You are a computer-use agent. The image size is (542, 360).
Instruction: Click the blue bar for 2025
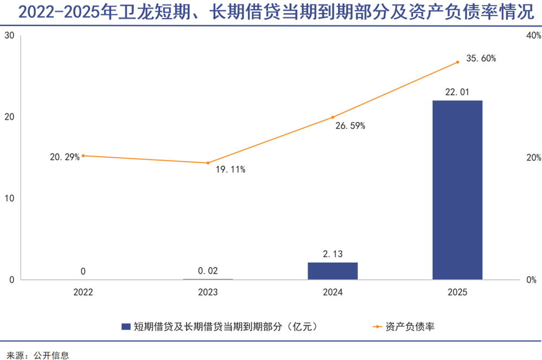tap(457, 190)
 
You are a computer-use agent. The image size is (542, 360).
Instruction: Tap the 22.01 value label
tap(457, 93)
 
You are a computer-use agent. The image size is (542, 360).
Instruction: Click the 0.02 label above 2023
tap(208, 271)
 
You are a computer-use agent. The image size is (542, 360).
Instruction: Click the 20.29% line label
tap(64, 157)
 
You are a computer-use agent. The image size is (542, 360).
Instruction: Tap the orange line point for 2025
tap(457, 62)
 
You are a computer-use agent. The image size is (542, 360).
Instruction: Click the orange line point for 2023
tap(208, 163)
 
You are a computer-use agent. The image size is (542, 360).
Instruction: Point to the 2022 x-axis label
tap(83, 292)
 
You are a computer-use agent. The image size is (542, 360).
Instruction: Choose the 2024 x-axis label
tap(333, 292)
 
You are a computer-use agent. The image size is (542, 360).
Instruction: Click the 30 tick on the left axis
tap(9, 35)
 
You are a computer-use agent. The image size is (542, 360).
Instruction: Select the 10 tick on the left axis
tap(9, 198)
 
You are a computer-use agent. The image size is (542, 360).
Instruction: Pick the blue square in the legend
tap(126, 326)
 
